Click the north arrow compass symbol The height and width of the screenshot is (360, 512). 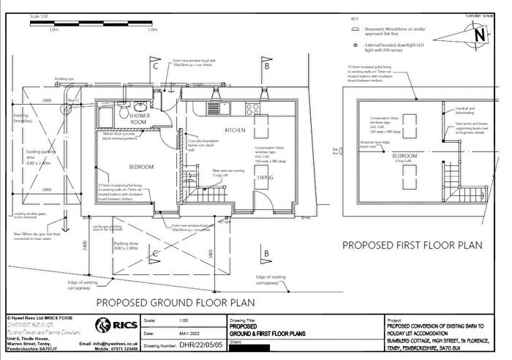[x=477, y=32]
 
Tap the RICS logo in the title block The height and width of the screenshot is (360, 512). [x=116, y=326]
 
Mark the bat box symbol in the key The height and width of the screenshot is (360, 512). [x=355, y=30]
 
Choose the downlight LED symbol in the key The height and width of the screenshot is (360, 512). [x=355, y=45]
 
